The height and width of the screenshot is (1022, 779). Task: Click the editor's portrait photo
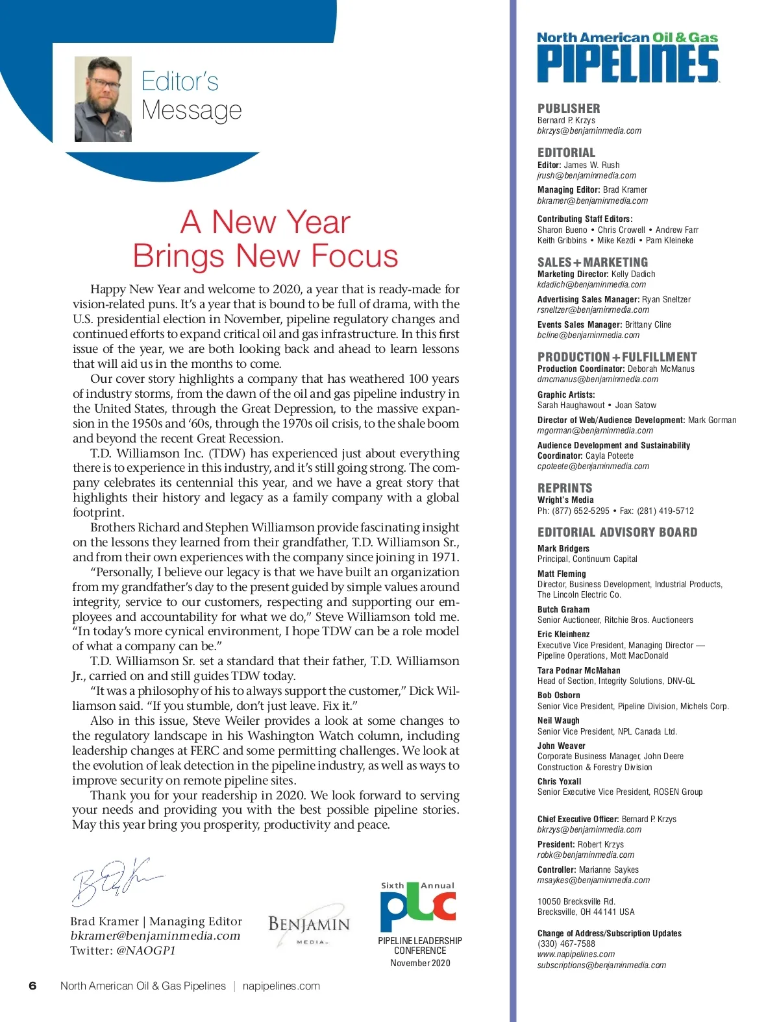103,99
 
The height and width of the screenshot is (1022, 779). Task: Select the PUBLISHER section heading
569,108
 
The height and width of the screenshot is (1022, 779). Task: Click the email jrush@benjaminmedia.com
586,175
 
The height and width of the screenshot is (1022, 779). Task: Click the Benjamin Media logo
308,926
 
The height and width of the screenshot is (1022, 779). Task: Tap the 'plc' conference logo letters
418,908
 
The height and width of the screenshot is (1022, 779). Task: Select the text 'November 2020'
420,963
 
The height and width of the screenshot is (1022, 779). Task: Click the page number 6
32,986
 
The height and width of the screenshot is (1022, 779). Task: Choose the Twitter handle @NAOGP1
145,951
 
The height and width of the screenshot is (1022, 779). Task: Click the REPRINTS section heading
565,488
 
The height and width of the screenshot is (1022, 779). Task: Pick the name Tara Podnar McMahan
578,670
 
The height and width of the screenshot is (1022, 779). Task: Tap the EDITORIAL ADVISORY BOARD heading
617,532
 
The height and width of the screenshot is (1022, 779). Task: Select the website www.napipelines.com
576,954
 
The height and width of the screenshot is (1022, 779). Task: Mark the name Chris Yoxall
559,781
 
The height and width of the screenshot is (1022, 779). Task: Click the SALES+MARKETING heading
592,262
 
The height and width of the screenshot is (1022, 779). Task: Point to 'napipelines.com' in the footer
281,986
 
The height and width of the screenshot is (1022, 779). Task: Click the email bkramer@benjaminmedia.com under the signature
155,936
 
